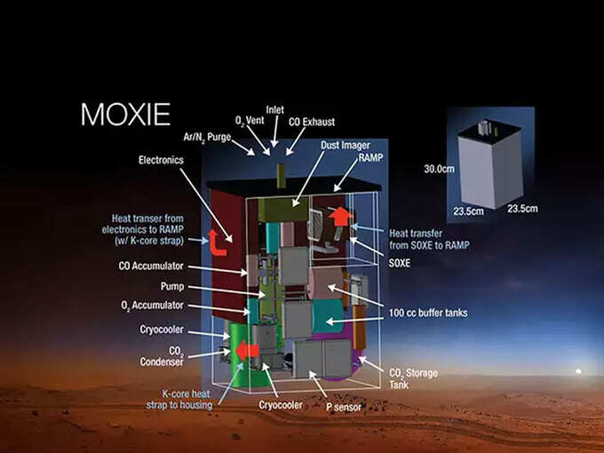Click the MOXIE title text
tap(125, 114)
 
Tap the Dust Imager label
tap(346, 145)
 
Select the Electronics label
tap(161, 160)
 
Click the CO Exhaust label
tap(312, 122)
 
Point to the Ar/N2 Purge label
tap(207, 137)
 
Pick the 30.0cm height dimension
tap(439, 169)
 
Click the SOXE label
tap(400, 263)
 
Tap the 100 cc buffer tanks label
tap(428, 313)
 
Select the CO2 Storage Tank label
tap(413, 378)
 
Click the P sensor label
tap(344, 407)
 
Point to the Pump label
tap(172, 287)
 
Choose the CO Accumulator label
tap(151, 266)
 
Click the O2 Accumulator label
tap(152, 306)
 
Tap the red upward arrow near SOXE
tap(340, 217)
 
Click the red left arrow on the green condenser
tap(247, 351)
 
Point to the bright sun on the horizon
tap(578, 371)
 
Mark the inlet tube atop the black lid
tap(282, 176)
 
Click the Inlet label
tap(275, 110)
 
